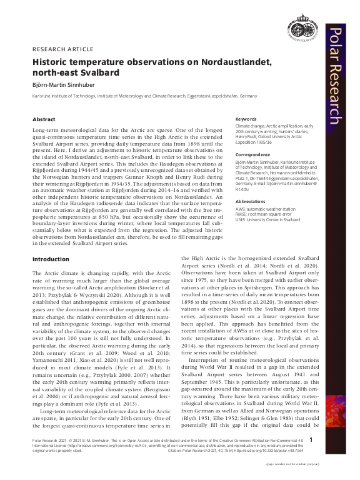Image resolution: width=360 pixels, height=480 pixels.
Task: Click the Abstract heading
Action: tap(44, 119)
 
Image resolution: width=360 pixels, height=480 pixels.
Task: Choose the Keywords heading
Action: tap(246, 119)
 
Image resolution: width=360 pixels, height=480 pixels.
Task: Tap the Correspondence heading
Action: tap(252, 154)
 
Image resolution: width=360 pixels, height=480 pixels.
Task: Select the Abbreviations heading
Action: tap(251, 201)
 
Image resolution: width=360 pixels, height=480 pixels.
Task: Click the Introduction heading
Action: tap(51, 258)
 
